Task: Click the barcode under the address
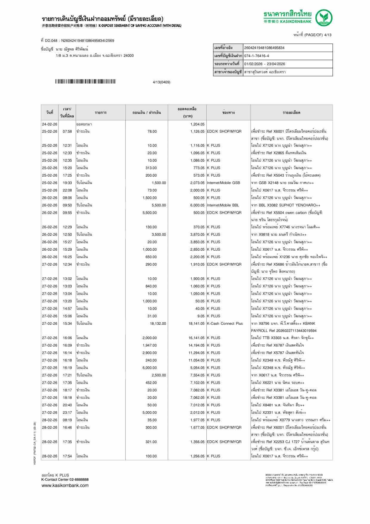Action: coord(85,82)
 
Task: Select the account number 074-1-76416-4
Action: coord(257,56)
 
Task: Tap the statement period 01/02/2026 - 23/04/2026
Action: coord(265,64)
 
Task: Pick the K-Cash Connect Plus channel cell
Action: coord(225,324)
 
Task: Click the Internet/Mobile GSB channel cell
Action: coord(223,183)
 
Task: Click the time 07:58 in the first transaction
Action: coord(67,131)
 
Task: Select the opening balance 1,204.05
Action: coord(197,124)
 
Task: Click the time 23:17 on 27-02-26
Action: coord(67,413)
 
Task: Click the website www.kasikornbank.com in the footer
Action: coord(65,485)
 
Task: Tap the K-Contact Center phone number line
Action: coord(65,479)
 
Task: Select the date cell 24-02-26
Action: coord(50,124)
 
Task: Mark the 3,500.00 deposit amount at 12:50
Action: coord(159,235)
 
